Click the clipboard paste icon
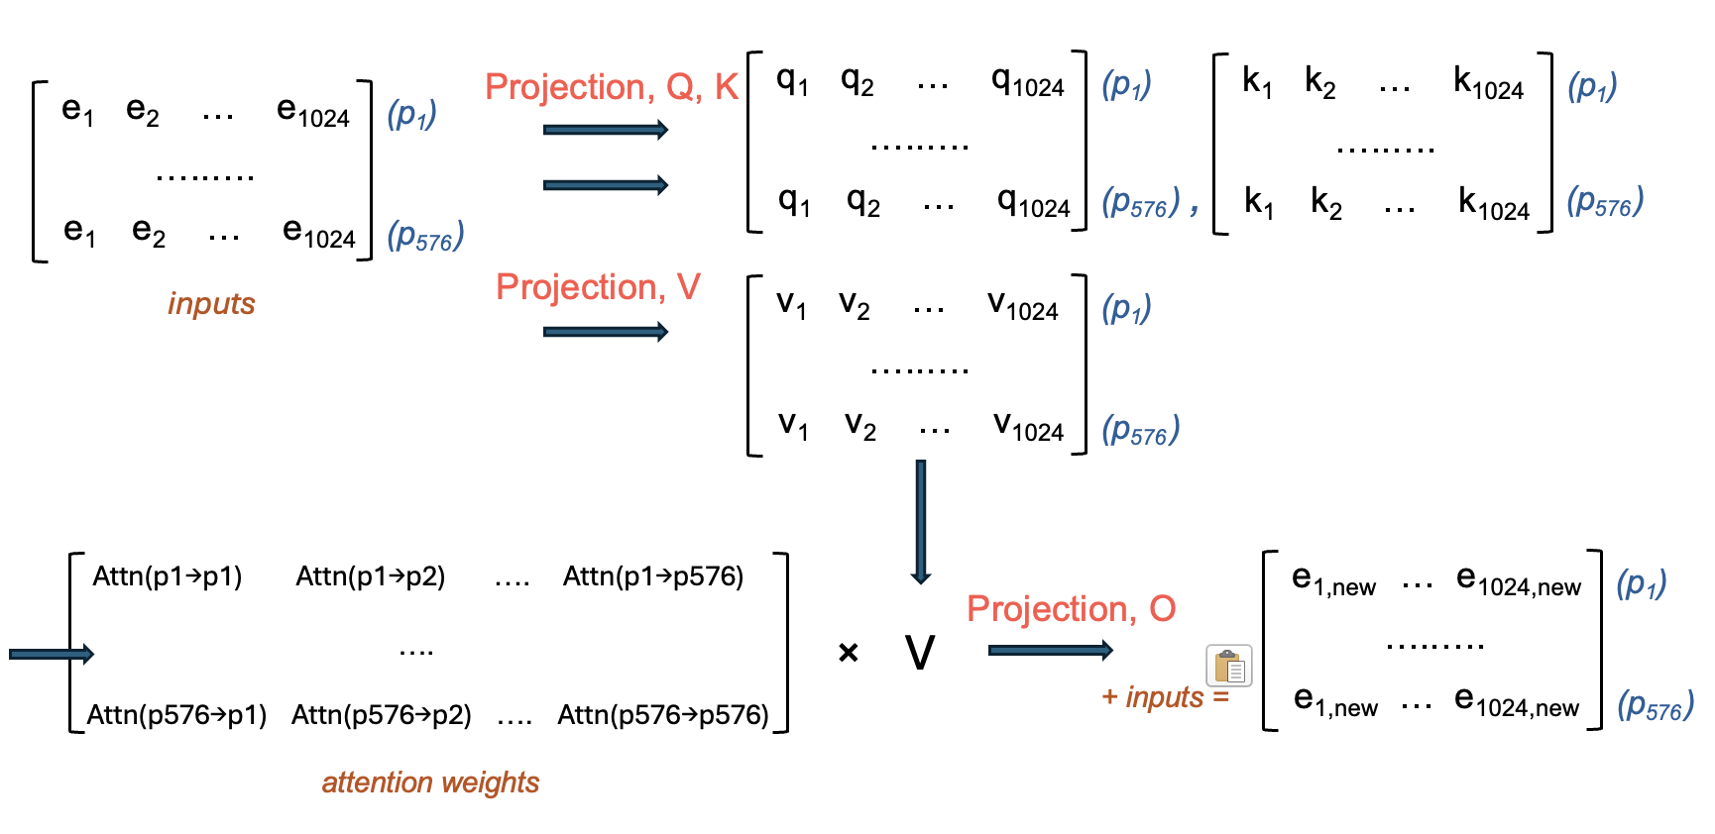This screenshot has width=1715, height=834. click(x=1229, y=666)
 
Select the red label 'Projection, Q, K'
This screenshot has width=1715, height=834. click(x=612, y=87)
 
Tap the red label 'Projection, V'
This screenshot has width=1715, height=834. click(x=598, y=287)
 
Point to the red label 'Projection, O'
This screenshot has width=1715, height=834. click(x=1071, y=609)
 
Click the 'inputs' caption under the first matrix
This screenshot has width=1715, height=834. click(x=211, y=303)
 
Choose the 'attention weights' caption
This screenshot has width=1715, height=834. click(x=430, y=782)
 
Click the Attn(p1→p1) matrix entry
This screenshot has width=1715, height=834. click(x=168, y=576)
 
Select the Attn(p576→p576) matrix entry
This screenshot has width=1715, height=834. click(x=663, y=715)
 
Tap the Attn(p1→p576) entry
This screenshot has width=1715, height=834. click(x=653, y=576)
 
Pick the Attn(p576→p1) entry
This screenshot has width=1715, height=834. click(x=176, y=715)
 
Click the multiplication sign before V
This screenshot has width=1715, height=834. click(x=848, y=653)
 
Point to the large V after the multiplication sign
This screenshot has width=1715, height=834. click(x=920, y=653)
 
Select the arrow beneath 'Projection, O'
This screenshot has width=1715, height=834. click(x=1051, y=650)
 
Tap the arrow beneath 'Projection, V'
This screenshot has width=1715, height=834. click(x=605, y=332)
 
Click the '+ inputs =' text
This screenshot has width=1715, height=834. click(x=1165, y=697)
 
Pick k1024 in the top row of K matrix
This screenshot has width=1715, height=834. click(x=1488, y=83)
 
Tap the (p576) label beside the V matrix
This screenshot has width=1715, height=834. click(x=1140, y=430)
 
